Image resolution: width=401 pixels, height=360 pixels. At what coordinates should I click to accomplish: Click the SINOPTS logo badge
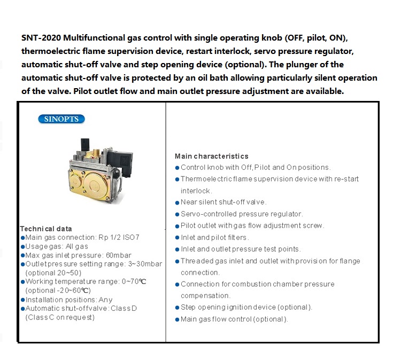[61, 119]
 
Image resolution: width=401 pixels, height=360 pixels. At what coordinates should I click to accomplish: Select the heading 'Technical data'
[45, 229]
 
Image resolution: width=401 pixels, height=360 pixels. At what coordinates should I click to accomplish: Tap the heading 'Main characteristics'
[211, 156]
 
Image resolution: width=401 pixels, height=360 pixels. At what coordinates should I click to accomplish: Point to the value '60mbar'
[118, 255]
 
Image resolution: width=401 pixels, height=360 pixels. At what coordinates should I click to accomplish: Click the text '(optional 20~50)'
[53, 272]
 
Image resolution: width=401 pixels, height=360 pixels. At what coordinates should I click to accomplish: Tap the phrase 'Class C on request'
[60, 317]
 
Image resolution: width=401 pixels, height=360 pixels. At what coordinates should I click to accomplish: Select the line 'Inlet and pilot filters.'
[214, 237]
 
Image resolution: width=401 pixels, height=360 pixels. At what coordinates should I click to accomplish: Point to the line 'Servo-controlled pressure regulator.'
[242, 214]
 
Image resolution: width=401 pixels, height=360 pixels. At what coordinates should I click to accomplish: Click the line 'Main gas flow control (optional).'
[234, 319]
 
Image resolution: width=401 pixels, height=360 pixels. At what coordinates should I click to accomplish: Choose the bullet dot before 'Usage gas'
[22, 247]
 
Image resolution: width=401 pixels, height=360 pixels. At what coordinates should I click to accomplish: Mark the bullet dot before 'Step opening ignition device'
[177, 308]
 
